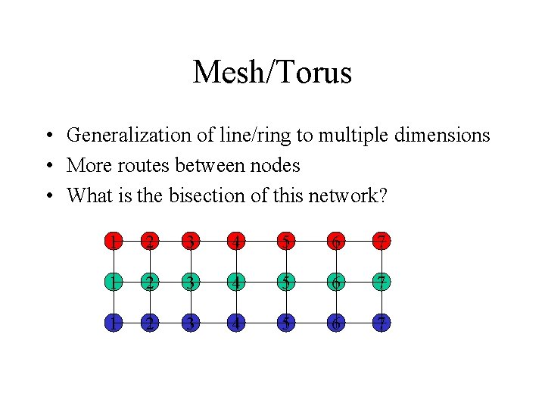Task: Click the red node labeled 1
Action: pyautogui.click(x=112, y=242)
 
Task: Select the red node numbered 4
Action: pyautogui.click(x=238, y=242)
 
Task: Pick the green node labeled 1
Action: pyautogui.click(x=112, y=282)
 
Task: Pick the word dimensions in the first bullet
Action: pyautogui.click(x=446, y=136)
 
